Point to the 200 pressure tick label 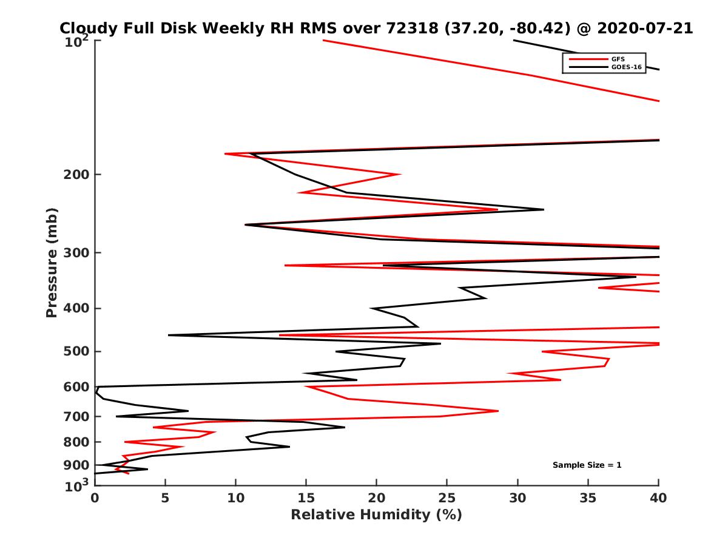tap(75, 175)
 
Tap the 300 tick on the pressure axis tap(75, 252)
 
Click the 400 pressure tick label tap(75, 308)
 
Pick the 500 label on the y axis tap(75, 351)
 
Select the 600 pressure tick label tap(75, 386)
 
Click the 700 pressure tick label tap(75, 416)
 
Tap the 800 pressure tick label tap(75, 442)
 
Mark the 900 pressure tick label tap(75, 465)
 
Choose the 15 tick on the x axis tap(306, 498)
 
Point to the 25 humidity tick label tap(447, 498)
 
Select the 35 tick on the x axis tap(588, 498)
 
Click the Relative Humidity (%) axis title tap(376, 515)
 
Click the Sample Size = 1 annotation tap(587, 465)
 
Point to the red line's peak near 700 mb tap(497, 411)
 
